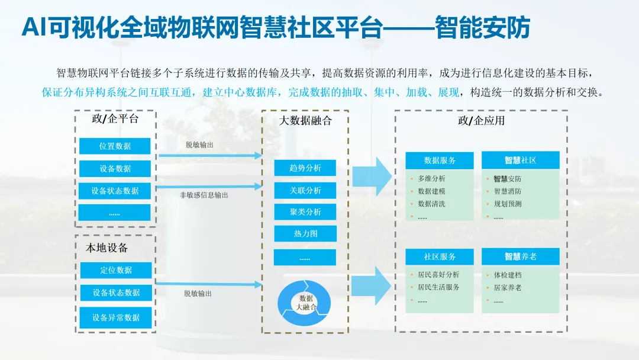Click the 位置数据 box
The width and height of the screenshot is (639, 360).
(x=115, y=146)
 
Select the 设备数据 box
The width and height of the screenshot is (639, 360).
(x=115, y=169)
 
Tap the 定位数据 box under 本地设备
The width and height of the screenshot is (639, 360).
(x=116, y=271)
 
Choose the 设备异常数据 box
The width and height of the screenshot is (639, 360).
(x=116, y=318)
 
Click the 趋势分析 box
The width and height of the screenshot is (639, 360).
(x=305, y=168)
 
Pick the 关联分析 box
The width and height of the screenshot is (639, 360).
(x=305, y=191)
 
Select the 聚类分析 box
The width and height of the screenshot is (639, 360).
(x=305, y=212)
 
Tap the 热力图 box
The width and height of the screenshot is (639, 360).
(x=305, y=234)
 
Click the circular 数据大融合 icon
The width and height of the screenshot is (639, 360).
(x=306, y=303)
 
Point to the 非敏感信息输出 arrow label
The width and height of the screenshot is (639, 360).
(x=204, y=195)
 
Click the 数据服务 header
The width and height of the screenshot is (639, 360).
(x=440, y=160)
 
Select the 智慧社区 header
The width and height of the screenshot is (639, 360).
(x=520, y=160)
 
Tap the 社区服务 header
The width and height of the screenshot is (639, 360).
(x=440, y=257)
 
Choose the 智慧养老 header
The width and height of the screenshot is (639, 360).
(x=520, y=257)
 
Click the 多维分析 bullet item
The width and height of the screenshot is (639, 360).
(x=431, y=179)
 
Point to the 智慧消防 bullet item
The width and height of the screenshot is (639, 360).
(x=508, y=191)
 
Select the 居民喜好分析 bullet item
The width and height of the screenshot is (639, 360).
(x=438, y=275)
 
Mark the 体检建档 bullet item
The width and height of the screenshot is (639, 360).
(x=508, y=275)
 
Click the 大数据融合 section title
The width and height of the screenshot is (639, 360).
(x=305, y=121)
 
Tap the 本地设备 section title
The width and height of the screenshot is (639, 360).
(x=107, y=247)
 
